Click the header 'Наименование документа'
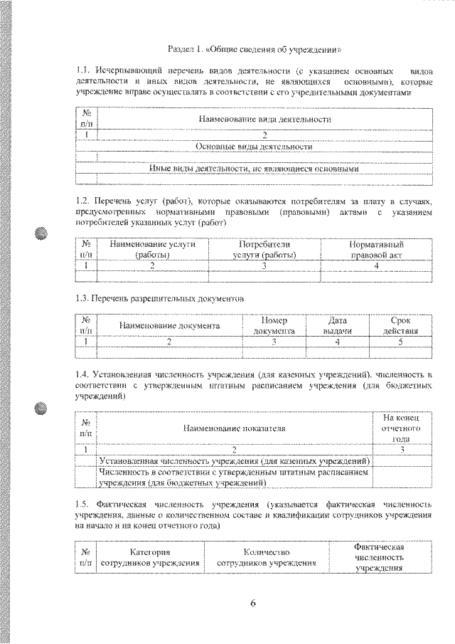coord(169,326)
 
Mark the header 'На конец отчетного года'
coord(402,428)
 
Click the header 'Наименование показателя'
coord(234,429)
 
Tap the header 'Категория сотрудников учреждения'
coord(149,557)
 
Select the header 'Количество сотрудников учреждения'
coord(266,557)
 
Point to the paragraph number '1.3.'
coord(83,299)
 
